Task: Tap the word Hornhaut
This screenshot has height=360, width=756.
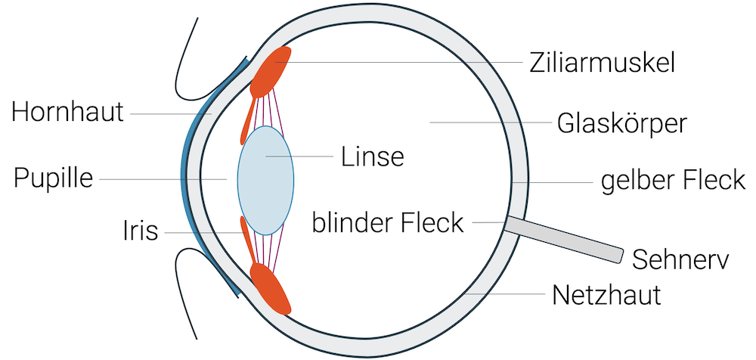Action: (67, 113)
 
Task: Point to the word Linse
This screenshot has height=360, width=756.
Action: (373, 157)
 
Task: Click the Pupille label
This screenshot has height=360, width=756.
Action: (53, 179)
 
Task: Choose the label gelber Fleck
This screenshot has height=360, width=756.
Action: (673, 182)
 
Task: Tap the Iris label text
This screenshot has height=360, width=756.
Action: (141, 231)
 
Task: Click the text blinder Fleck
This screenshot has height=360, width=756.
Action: (388, 223)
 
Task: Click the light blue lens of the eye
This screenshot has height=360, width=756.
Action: (265, 179)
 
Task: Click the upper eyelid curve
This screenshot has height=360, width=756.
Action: (185, 53)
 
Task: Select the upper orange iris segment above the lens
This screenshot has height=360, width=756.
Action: (246, 121)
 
